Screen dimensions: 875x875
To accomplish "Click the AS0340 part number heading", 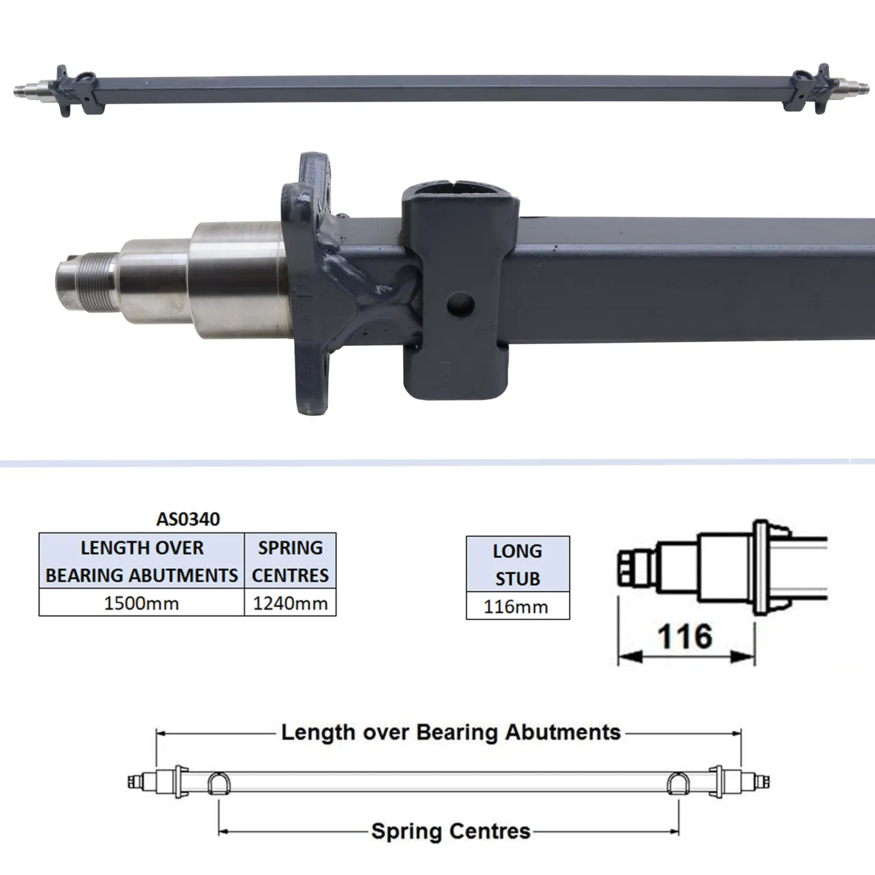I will point(188,518).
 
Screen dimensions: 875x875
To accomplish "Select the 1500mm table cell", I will point(142,603).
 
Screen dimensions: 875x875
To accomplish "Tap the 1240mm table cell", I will point(290,603).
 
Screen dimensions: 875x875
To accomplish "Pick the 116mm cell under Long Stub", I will point(516,606).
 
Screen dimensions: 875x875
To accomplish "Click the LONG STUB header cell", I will point(518,564).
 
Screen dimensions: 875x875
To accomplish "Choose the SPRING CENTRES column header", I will point(290,561).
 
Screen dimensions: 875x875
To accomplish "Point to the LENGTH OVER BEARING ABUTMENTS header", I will point(142,561).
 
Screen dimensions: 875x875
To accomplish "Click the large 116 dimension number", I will point(685,636).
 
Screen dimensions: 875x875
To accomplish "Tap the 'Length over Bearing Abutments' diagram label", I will point(451,732).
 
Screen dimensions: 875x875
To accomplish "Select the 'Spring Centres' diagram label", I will point(451,831).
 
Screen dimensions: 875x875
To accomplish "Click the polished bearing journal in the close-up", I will point(237,279).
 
